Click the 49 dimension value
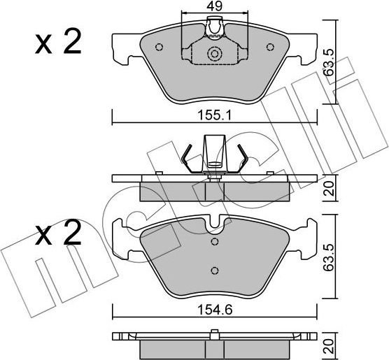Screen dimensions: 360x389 pyautogui.click(x=215, y=6)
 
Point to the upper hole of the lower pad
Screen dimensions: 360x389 pyautogui.click(x=215, y=240)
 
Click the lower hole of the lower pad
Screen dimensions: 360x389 pyautogui.click(x=215, y=271)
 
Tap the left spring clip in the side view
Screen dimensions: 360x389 pyautogui.click(x=188, y=158)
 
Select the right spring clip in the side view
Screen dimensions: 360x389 pyautogui.click(x=241, y=158)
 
